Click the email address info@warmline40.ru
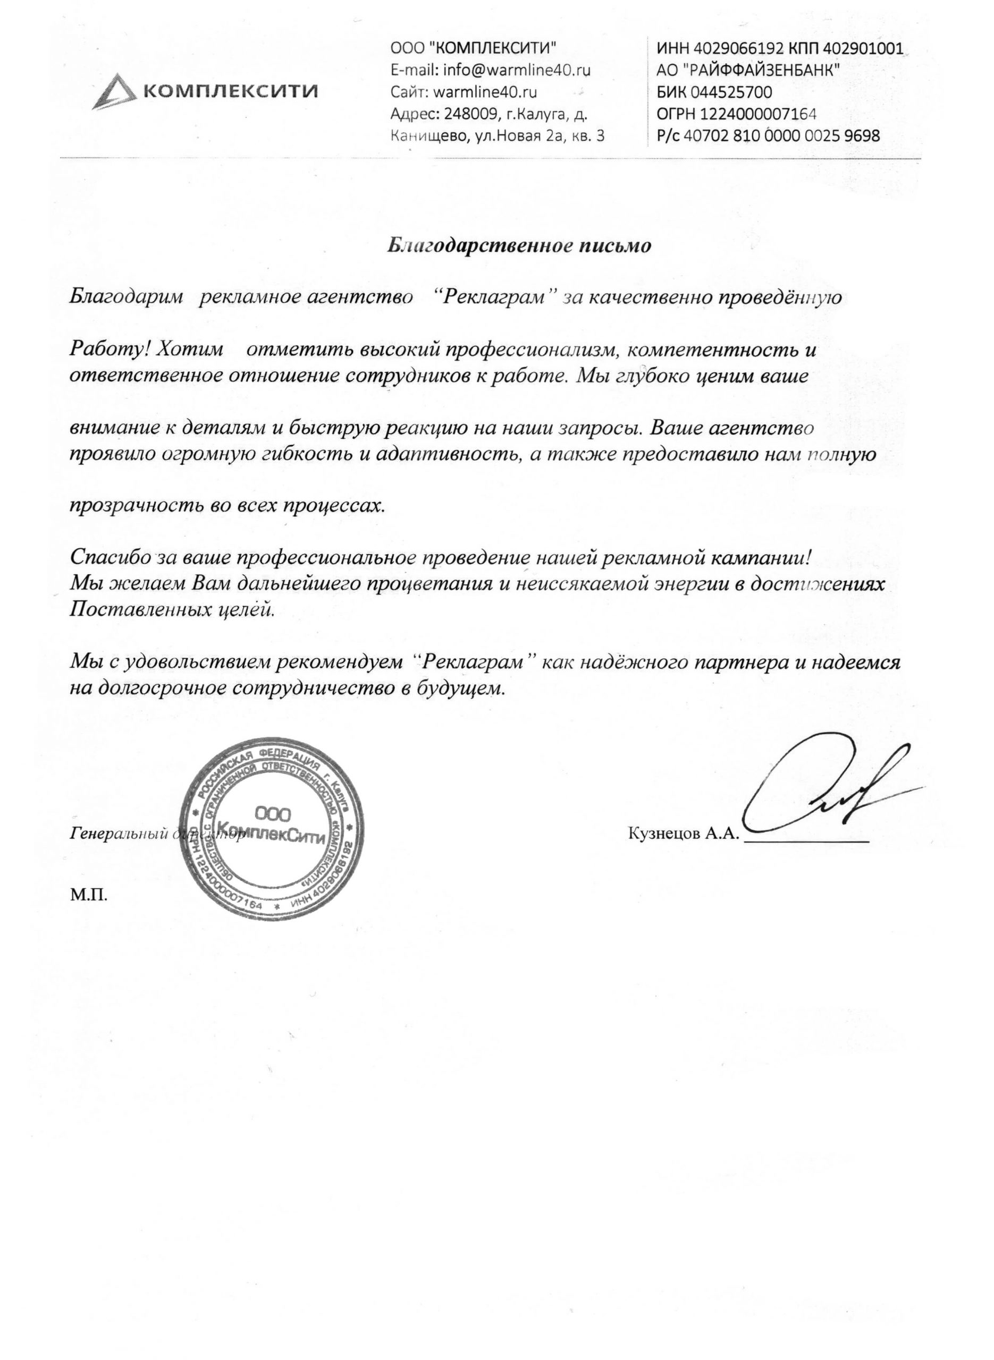click(x=517, y=70)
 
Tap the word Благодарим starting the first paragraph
click(x=127, y=297)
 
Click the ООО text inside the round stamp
click(x=273, y=814)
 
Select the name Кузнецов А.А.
click(x=683, y=834)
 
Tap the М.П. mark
click(x=89, y=896)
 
